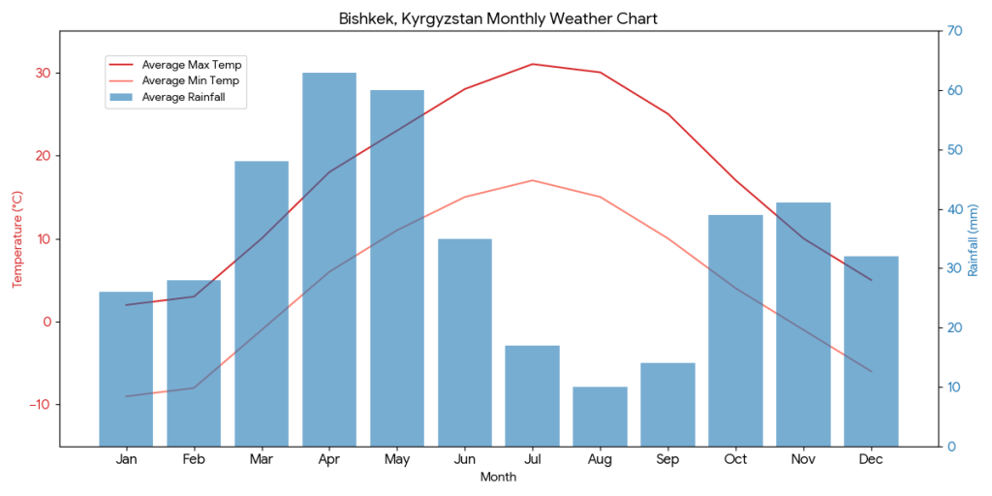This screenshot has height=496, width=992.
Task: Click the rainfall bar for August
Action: (600, 417)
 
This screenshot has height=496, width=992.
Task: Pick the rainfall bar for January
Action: (126, 368)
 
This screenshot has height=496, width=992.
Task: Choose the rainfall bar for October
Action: (735, 330)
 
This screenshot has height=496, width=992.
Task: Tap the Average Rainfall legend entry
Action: (190, 97)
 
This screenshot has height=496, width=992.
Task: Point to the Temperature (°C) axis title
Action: (16, 239)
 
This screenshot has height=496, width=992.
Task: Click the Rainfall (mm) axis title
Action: (974, 239)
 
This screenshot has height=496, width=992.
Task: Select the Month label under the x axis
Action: (498, 477)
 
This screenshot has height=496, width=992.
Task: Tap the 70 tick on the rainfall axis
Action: (954, 31)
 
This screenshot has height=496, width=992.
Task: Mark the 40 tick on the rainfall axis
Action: (954, 209)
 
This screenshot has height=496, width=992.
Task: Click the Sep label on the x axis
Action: (667, 459)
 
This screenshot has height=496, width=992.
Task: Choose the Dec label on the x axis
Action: (871, 459)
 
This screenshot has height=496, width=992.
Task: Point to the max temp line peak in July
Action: (532, 64)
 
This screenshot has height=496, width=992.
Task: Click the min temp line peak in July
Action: (532, 180)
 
